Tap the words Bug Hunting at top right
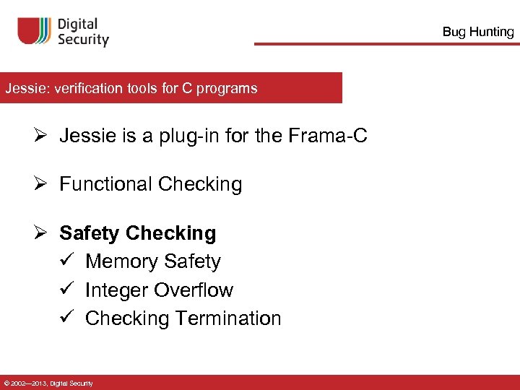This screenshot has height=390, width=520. coord(477,32)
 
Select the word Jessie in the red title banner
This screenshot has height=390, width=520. coord(22,89)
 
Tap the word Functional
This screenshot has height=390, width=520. coord(106,184)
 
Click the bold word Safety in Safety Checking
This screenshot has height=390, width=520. coord(90,233)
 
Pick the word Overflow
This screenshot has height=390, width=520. coord(194,290)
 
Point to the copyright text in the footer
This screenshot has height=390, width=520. coord(48,383)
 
